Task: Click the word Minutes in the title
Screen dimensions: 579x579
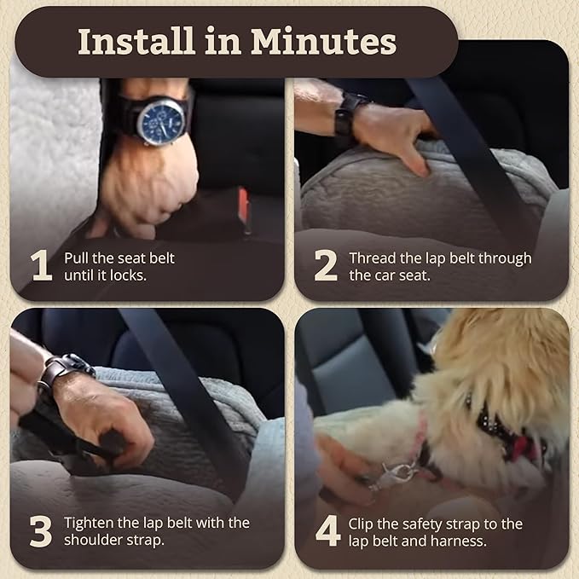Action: [x=322, y=42]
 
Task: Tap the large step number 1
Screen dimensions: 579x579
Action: [x=41, y=266]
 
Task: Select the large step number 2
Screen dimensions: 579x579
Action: [x=325, y=266]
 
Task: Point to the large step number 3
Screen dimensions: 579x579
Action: [x=41, y=530]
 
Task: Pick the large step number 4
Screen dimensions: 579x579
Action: [x=327, y=530]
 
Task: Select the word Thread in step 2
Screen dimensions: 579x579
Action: [x=371, y=258]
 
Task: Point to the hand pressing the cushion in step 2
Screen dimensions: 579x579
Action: [x=397, y=132]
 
